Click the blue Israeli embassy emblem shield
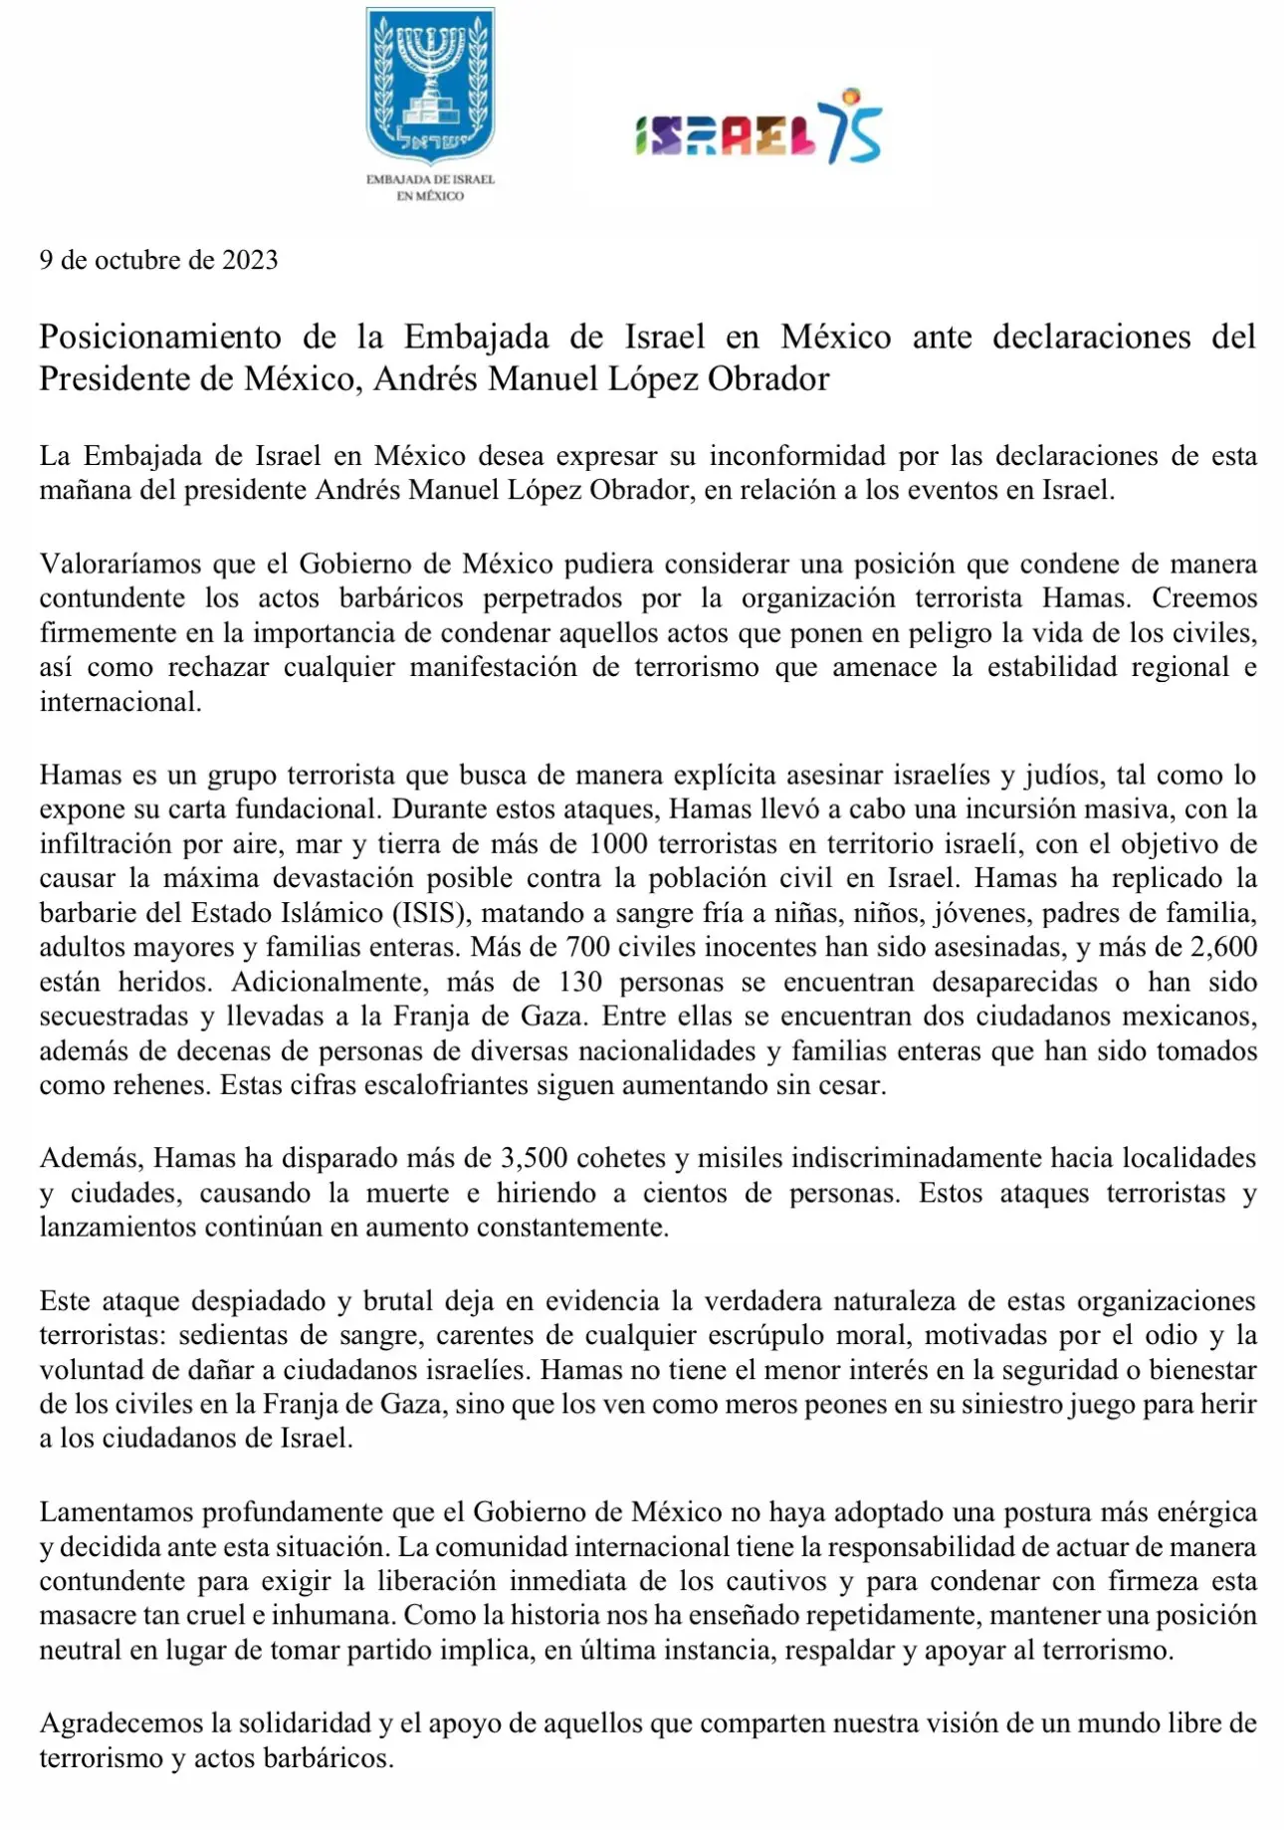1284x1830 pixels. pos(430,87)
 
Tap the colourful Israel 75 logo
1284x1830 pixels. pos(758,129)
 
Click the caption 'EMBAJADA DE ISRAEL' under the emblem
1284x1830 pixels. pos(430,179)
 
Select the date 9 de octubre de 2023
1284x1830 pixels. pos(158,260)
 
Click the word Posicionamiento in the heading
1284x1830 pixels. pos(160,338)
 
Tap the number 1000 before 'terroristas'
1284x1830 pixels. pos(618,844)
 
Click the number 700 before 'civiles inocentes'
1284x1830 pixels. pos(587,947)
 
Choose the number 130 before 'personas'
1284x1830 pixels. pos(580,982)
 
